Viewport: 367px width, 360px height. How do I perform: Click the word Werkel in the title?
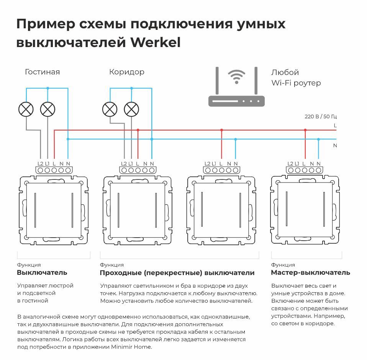[x=155, y=42]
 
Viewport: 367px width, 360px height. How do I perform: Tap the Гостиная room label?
[x=42, y=72]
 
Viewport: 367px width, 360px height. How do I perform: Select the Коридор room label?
[x=127, y=72]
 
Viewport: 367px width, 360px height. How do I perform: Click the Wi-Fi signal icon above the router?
[x=236, y=76]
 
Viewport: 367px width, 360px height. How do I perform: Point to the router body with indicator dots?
[x=236, y=101]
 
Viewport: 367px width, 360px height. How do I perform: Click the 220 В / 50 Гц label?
[x=321, y=116]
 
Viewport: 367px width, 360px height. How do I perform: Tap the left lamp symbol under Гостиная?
[x=26, y=109]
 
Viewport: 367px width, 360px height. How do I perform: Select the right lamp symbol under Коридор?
[x=131, y=109]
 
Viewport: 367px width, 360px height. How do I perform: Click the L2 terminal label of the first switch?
[x=40, y=164]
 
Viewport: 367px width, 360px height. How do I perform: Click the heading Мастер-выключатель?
[x=310, y=273]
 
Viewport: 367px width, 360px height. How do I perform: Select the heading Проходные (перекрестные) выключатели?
[x=177, y=273]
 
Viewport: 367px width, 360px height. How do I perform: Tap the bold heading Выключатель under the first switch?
[x=42, y=273]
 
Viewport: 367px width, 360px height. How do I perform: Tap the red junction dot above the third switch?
[x=221, y=130]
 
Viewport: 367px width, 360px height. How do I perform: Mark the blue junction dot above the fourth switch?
[x=318, y=139]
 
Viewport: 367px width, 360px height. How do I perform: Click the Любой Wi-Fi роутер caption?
[x=296, y=78]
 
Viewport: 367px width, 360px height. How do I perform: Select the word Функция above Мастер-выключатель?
[x=283, y=265]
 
